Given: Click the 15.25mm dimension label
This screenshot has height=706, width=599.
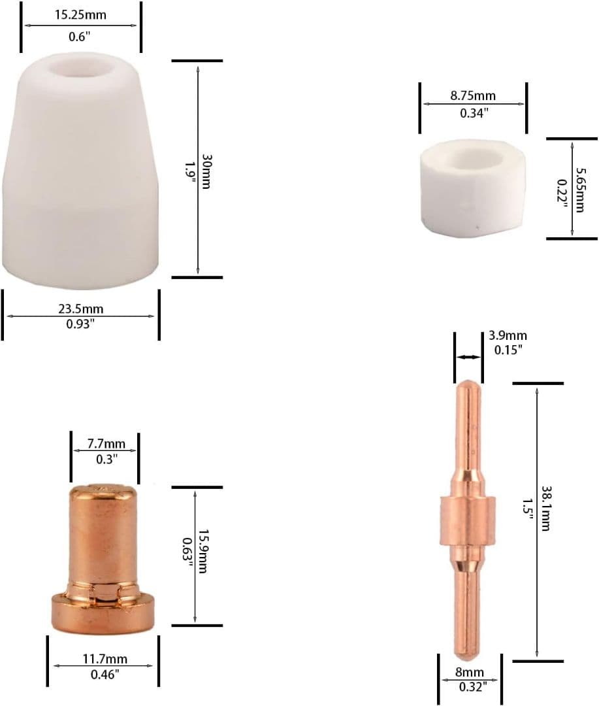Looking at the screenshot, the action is (x=80, y=15).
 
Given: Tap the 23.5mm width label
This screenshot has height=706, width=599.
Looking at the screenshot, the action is (x=80, y=309).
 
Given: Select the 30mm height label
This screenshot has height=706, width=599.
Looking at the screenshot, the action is (x=206, y=171).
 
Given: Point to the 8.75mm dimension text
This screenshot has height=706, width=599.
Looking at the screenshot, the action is (x=473, y=95).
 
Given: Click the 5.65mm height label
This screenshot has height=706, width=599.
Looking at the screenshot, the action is (x=581, y=190).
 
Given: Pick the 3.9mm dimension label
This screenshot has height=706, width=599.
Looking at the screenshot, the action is (x=508, y=335).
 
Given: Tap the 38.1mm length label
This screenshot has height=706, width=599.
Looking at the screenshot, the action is (x=545, y=509).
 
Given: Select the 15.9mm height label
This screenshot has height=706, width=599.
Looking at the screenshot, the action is (x=203, y=551).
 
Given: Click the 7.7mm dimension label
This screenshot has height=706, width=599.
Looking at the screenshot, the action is (x=106, y=443).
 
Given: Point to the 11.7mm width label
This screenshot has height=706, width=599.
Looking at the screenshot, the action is (x=105, y=659).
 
